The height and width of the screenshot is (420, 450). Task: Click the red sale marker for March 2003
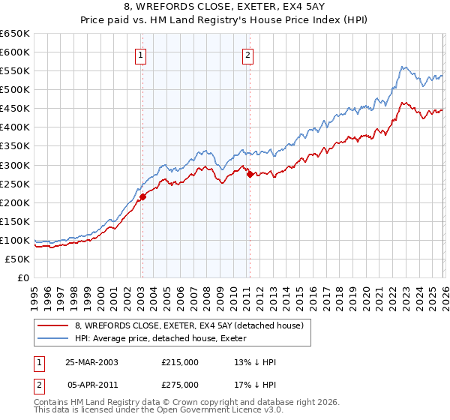coord(142,196)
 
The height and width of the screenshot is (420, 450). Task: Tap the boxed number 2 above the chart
coord(248,54)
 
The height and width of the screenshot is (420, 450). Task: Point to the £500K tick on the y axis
coord(16,90)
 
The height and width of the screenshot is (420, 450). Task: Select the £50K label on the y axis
coord(18,259)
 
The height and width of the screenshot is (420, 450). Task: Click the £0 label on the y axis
coord(23,278)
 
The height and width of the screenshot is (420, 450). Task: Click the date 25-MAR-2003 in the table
coord(91,361)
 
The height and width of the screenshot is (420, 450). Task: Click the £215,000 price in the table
coord(180,361)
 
